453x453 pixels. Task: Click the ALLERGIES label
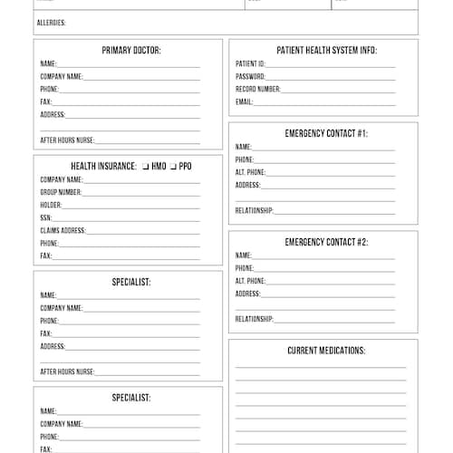51,23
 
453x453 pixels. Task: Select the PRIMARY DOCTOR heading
131,51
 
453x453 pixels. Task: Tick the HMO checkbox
145,167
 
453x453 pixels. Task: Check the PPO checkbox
173,167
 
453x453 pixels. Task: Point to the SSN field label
45,218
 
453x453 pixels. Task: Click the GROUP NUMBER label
61,193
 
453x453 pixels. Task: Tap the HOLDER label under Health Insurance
51,206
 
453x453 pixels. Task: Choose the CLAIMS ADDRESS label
63,231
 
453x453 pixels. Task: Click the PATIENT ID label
250,64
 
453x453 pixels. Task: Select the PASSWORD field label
250,77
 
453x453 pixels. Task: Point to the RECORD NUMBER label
258,90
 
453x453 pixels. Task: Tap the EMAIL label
244,102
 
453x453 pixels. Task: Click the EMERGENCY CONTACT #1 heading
326,134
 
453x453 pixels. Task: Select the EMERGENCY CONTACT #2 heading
326,243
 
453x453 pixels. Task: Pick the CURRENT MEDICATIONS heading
326,351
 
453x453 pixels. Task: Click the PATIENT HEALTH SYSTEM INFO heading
326,51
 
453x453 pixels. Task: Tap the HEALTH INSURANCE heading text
103,167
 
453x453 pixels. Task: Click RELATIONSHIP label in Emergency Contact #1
255,211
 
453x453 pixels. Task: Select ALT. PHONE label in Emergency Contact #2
250,282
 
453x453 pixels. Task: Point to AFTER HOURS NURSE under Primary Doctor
67,140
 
